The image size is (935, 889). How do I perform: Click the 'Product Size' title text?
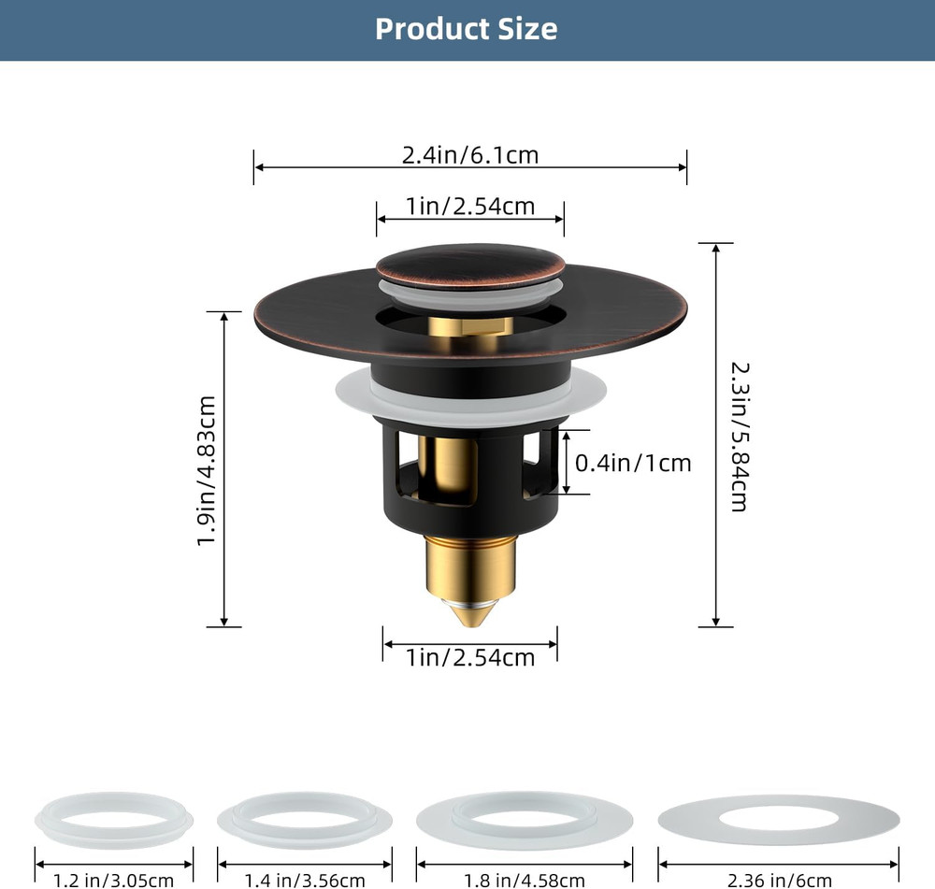[466, 29]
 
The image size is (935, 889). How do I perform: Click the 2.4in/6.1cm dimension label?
[470, 154]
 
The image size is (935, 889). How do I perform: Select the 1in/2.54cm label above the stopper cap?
[469, 206]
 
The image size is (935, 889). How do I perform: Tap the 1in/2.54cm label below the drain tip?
[469, 657]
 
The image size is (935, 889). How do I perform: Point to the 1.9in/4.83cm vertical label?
[207, 470]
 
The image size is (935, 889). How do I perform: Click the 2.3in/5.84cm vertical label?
[738, 436]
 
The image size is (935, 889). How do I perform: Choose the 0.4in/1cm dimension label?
[633, 463]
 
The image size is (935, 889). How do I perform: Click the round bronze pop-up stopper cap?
[470, 265]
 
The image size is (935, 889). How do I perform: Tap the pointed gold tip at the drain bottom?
[469, 613]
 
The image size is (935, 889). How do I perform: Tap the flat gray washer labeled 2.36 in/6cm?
[778, 821]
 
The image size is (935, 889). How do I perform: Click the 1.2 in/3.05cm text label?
[114, 880]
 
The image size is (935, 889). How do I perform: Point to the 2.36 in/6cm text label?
[778, 880]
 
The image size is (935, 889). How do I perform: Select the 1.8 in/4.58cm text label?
[525, 880]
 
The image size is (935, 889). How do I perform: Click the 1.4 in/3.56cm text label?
[305, 880]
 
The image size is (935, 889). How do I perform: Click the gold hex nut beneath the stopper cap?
[469, 327]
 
